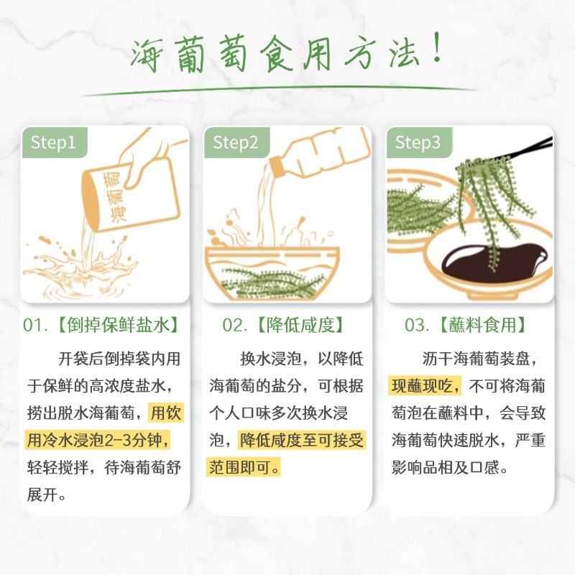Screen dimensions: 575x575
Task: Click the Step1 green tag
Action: pyautogui.click(x=53, y=142)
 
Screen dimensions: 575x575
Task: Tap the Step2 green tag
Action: pyautogui.click(x=235, y=142)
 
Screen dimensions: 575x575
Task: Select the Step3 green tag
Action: pyautogui.click(x=418, y=142)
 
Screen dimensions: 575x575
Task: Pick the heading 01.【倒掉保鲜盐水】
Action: pyautogui.click(x=100, y=325)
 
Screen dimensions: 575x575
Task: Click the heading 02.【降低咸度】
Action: pyautogui.click(x=282, y=325)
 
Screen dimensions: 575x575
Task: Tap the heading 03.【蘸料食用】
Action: pyautogui.click(x=465, y=325)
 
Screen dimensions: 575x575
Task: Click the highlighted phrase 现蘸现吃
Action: pyautogui.click(x=425, y=386)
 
